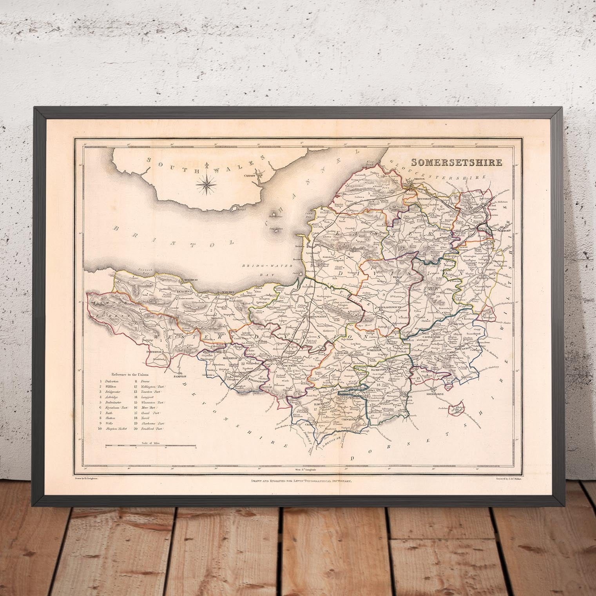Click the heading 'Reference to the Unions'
click(129, 375)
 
